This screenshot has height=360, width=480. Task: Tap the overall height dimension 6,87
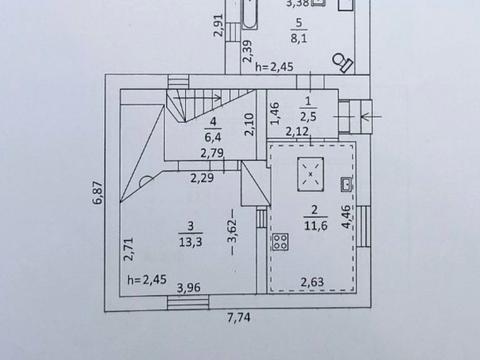pos(98,193)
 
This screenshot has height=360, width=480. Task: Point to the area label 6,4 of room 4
pos(212,135)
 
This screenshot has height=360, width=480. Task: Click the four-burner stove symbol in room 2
pos(281,242)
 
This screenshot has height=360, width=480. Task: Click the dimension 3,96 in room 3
pos(189,289)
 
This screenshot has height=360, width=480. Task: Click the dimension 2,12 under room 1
pos(295,131)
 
